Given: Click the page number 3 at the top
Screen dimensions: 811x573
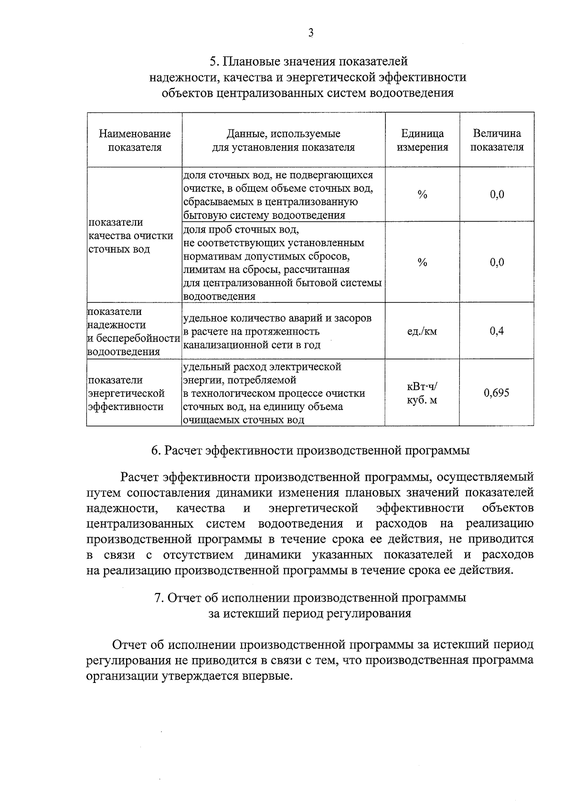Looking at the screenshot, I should tap(311, 33).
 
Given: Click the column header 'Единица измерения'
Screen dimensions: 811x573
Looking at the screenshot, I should tap(422, 140).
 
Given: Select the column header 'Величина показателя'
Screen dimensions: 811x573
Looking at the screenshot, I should tap(497, 140).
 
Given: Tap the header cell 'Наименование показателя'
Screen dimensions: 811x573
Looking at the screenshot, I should tap(135, 140).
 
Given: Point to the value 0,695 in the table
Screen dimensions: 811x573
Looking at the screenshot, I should tap(497, 393).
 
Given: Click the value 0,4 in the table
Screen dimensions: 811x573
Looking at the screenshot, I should tap(497, 331).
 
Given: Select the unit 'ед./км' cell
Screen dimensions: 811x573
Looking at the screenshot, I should tap(422, 331).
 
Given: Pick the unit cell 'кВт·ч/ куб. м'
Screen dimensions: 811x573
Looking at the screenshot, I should tap(422, 393).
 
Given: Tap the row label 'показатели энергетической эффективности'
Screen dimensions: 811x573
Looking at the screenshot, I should tap(126, 393).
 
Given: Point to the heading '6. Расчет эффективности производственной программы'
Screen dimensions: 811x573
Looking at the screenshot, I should tap(310, 450).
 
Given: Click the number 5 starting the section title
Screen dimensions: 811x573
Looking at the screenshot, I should tap(213, 62).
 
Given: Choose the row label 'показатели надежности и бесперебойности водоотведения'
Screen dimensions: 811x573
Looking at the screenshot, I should tap(133, 331).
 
